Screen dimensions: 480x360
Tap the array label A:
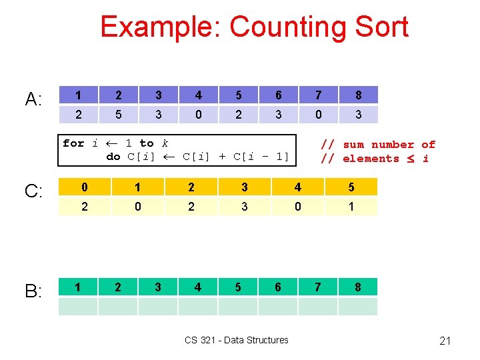(34, 100)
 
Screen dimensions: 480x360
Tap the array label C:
(34, 191)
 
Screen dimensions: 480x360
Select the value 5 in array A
(118, 115)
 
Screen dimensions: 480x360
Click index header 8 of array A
(358, 95)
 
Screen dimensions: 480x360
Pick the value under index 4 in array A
(198, 115)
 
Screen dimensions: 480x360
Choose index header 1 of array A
(78, 95)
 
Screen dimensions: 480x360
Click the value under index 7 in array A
(318, 115)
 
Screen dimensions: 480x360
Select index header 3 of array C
(244, 187)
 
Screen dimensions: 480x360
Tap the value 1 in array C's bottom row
(351, 207)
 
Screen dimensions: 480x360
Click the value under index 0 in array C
(84, 207)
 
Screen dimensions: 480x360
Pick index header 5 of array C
(351, 187)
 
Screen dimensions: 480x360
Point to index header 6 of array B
(278, 287)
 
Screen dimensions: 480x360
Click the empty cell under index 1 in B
(78, 307)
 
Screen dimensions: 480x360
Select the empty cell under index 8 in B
(358, 307)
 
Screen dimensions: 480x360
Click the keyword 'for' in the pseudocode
(73, 143)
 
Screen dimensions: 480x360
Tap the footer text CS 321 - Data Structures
(237, 340)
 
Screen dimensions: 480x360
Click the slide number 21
(445, 341)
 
